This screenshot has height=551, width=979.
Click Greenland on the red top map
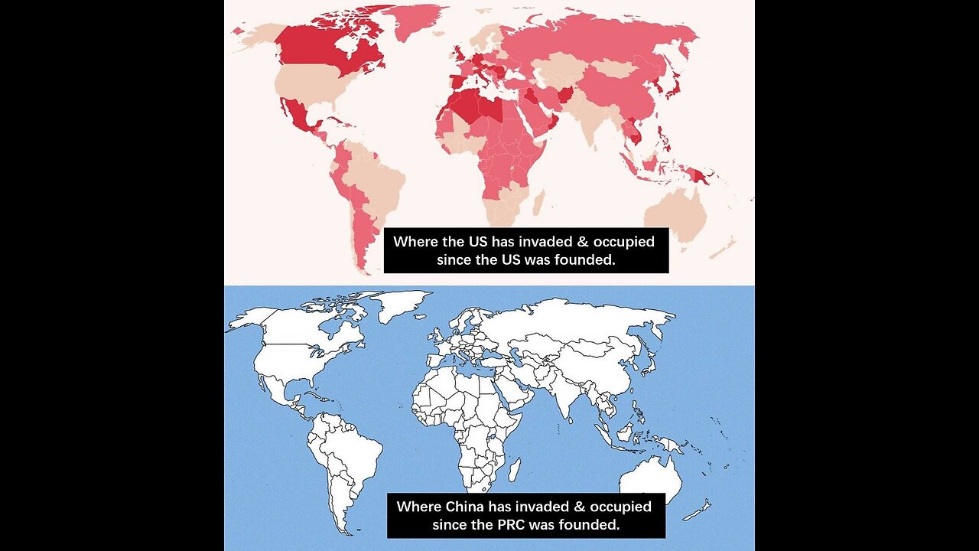point(413,18)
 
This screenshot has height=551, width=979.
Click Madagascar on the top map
point(538,202)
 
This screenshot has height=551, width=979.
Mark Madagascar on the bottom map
point(516,468)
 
